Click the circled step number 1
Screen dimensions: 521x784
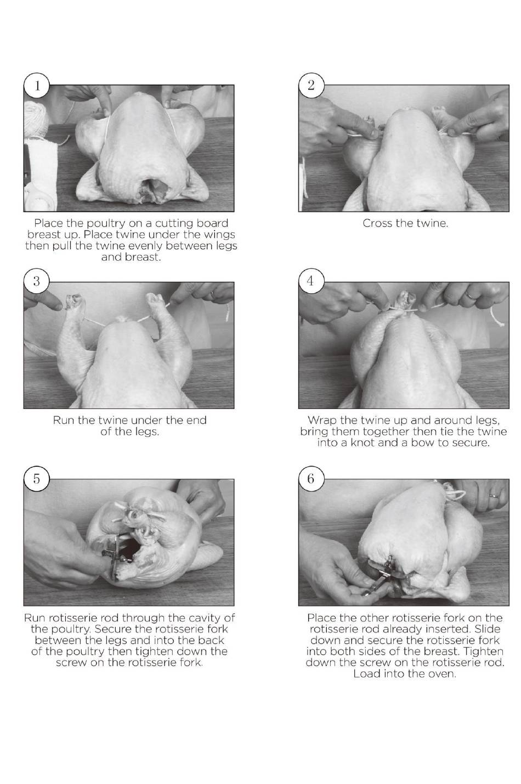click(x=37, y=86)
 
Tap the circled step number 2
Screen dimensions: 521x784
click(x=311, y=86)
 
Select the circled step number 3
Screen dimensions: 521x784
click(x=37, y=282)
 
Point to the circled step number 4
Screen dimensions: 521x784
click(x=311, y=282)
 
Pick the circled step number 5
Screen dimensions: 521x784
click(x=37, y=478)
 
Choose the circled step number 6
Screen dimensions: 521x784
click(x=311, y=478)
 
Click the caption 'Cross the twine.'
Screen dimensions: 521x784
click(x=405, y=223)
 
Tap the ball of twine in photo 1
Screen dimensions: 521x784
click(x=36, y=120)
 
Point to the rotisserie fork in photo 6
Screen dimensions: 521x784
click(x=384, y=575)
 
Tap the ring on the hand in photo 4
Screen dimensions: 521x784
click(x=471, y=296)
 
